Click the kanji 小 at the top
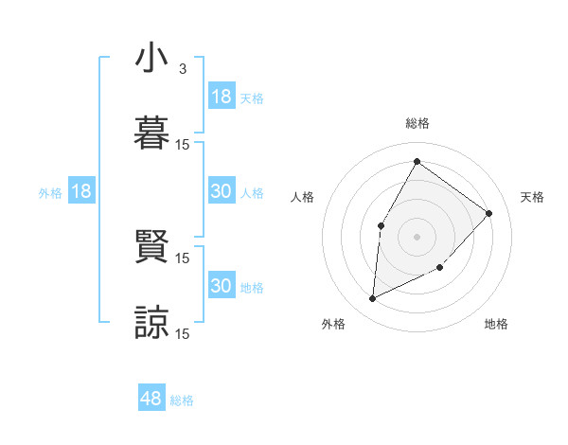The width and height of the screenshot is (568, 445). tap(151, 60)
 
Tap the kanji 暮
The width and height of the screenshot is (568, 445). tap(151, 133)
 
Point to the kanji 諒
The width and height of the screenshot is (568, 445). tap(151, 321)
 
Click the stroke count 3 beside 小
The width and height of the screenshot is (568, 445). tap(182, 69)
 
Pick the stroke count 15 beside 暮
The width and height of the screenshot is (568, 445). tap(183, 144)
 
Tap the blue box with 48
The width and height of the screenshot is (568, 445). tap(151, 399)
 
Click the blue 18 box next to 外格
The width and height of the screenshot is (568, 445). tap(81, 191)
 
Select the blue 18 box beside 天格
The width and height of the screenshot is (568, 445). tap(221, 97)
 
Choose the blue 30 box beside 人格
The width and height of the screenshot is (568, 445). tap(221, 191)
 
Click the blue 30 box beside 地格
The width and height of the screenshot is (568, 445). tap(221, 286)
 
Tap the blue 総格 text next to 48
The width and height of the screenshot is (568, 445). tap(182, 400)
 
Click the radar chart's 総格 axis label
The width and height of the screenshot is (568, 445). tap(417, 123)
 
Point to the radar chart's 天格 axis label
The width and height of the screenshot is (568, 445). tap(532, 197)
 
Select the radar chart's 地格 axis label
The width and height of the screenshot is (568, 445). tap(496, 324)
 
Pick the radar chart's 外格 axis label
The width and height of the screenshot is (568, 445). tap(333, 324)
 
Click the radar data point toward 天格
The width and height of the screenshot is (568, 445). tap(488, 213)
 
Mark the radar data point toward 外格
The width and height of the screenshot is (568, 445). tap(372, 299)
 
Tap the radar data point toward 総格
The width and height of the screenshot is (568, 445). tap(417, 161)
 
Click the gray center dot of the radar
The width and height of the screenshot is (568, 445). tap(417, 236)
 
